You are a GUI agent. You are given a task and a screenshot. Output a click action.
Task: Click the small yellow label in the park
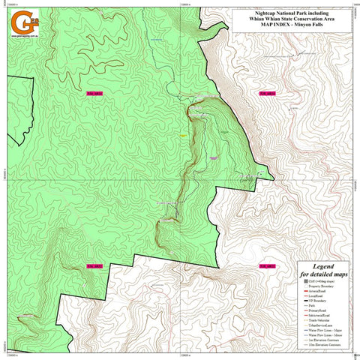tap(182, 134)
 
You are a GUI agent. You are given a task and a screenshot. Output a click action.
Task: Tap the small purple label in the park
tap(213, 157)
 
